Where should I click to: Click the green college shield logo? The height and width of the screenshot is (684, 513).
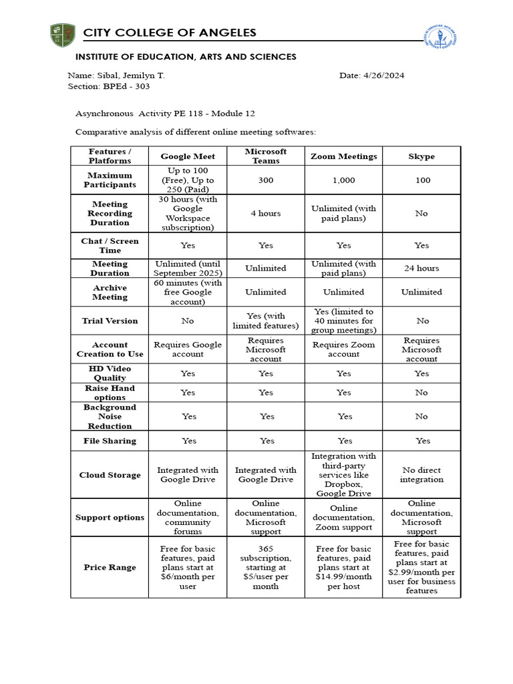tap(63, 35)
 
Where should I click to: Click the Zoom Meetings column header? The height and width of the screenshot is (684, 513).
tap(343, 156)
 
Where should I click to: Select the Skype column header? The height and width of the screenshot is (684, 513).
tap(421, 156)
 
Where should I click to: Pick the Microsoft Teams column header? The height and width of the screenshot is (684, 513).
tap(266, 156)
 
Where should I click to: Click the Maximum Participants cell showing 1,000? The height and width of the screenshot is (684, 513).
tap(343, 180)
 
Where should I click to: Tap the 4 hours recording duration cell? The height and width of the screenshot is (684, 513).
tap(266, 214)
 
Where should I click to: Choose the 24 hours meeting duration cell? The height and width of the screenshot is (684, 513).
tap(421, 269)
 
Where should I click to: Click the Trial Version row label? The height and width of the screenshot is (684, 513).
tap(110, 321)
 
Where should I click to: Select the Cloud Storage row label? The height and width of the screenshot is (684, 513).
tap(110, 475)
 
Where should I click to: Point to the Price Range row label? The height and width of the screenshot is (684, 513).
tap(110, 567)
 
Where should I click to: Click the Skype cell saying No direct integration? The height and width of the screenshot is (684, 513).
tap(421, 475)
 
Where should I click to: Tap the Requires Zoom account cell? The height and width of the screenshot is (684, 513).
tap(343, 349)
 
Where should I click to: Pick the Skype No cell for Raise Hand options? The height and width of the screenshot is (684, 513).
tap(421, 393)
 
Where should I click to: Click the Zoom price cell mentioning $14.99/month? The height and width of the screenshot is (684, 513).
tap(343, 567)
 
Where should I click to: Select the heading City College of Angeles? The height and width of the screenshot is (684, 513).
tap(170, 33)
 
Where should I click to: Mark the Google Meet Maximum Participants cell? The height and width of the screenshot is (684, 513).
tap(188, 180)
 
